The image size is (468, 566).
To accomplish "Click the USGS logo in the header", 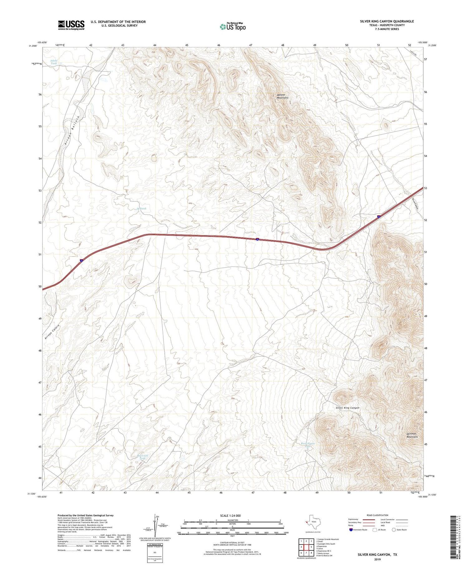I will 71,25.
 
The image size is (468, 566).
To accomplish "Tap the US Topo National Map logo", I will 232,27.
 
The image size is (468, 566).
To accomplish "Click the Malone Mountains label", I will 282,96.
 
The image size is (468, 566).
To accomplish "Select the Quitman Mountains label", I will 412,435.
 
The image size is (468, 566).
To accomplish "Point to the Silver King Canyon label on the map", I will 347,408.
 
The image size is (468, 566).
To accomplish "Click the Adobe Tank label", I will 54,62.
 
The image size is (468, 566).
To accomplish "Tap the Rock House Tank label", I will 308,445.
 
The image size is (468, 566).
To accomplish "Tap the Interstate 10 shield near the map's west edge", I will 81,261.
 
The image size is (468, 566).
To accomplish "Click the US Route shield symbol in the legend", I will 374,529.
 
